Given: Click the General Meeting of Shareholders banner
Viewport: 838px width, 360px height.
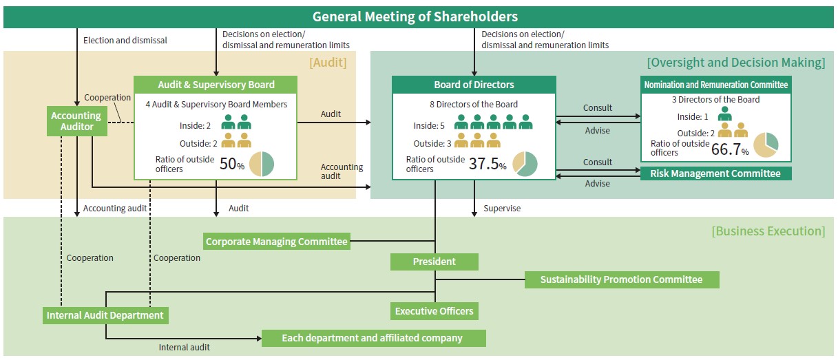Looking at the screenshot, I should point(415,17).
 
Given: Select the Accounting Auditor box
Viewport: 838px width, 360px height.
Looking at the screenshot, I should point(76,121).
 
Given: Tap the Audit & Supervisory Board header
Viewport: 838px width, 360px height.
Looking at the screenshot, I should point(216,85).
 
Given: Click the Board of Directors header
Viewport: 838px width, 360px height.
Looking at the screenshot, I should point(474,85).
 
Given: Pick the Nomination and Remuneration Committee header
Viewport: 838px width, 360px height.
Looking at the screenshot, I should point(715,85).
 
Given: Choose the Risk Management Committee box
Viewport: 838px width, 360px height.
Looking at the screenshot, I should point(715,173).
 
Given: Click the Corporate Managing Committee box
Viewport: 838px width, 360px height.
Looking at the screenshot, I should point(277,242).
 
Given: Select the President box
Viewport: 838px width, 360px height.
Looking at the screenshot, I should point(434,262).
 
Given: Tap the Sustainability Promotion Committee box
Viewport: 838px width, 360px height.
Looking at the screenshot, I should point(621,279).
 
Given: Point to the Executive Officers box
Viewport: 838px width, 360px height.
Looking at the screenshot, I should point(434,311).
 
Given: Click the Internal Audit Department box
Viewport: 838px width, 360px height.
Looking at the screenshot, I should point(105,315).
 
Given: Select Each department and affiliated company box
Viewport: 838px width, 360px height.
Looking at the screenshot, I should point(373,338).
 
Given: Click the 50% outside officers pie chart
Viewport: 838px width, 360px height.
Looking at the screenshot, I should point(262,164).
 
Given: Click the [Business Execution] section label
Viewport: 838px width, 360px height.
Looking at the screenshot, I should point(768,231).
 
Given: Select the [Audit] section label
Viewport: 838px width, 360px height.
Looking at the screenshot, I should point(328,63).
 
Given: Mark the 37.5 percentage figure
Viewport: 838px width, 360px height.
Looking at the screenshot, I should point(483,164).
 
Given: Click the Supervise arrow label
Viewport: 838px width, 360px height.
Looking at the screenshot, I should point(502,208).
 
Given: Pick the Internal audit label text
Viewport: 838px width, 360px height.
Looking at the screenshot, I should point(184,348).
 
